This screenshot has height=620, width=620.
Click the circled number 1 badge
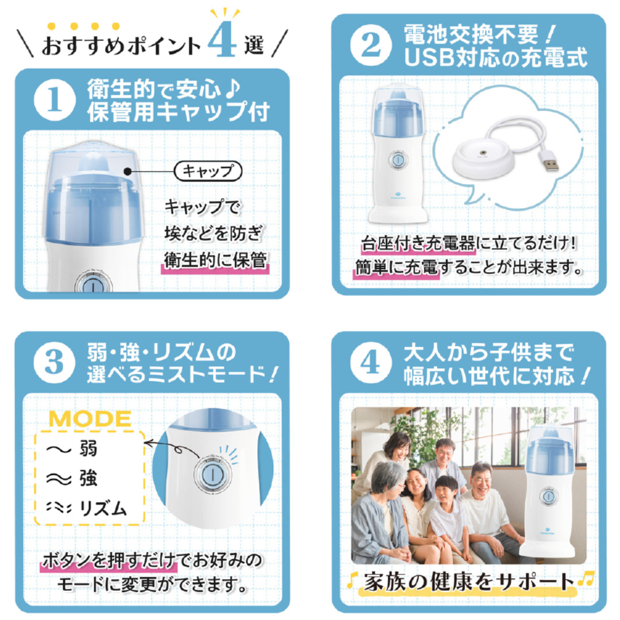coord(54,100)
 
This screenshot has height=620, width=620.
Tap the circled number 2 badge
coord(370,45)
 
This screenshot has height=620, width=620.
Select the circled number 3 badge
coord(54,363)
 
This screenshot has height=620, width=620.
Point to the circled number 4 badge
coord(370,363)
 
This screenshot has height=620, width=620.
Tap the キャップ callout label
coord(208,171)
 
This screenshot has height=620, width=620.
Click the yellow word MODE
coord(90,419)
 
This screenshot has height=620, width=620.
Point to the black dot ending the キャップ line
coord(127,171)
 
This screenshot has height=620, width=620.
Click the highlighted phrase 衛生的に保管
coord(215,260)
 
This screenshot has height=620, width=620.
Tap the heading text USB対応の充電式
coord(496,58)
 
